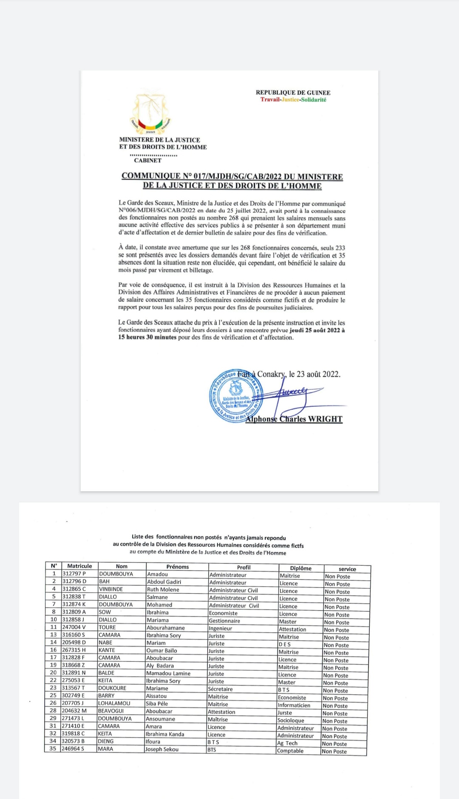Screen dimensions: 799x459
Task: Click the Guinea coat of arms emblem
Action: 150,113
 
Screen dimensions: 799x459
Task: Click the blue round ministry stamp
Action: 236,396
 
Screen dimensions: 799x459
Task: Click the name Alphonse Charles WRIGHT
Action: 294,419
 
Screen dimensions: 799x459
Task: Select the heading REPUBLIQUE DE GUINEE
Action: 293,93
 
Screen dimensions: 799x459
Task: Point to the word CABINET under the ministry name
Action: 148,160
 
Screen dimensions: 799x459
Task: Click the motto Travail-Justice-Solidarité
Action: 293,100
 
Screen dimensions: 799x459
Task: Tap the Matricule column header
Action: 79,566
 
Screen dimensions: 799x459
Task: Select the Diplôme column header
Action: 301,568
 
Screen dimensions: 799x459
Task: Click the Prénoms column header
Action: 178,567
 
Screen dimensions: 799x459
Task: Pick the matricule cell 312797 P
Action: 74,574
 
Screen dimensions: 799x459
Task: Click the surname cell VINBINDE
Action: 111,589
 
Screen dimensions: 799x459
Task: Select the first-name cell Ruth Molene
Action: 163,589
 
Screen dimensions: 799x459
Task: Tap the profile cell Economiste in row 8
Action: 223,613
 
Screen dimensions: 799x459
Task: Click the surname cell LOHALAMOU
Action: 114,703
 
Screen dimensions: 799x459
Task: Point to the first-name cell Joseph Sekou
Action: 162,749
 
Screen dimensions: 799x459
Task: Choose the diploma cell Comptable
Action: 290,751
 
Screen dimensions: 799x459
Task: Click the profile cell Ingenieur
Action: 221,629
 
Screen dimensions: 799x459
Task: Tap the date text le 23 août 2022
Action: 314,374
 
